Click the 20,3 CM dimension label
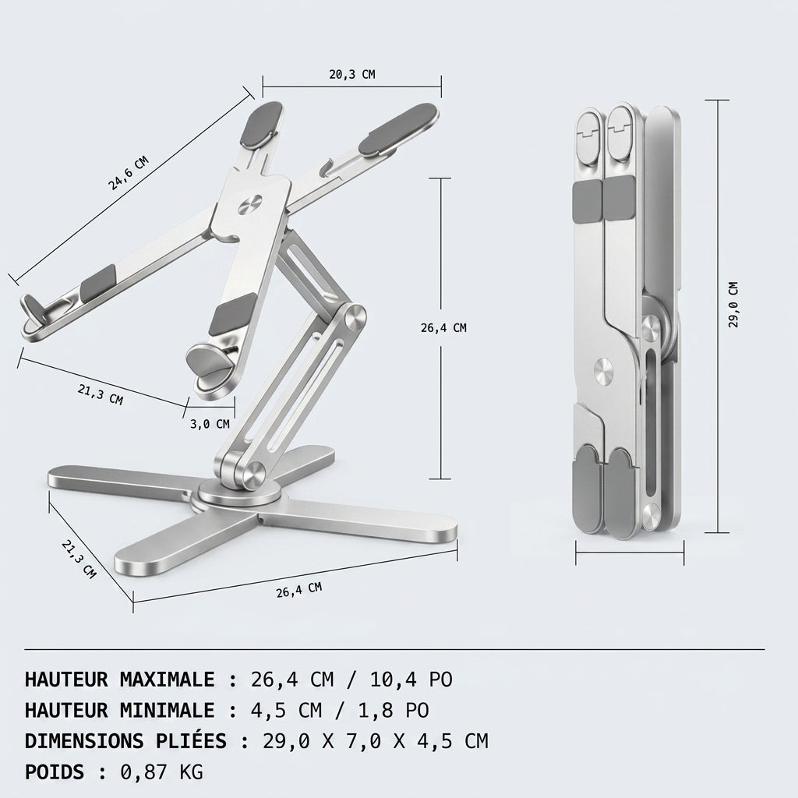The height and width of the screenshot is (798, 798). coord(351,74)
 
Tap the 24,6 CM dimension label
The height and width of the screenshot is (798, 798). coord(129,173)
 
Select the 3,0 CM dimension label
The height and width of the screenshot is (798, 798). coord(210,424)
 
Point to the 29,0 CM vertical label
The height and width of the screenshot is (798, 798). coord(733,305)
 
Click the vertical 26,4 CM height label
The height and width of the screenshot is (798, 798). coord(443,328)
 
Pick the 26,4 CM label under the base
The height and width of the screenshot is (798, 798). coord(299,590)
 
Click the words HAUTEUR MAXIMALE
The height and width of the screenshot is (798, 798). coord(119,680)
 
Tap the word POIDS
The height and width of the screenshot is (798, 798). coord(55,772)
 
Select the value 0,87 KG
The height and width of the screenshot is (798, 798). coord(162,772)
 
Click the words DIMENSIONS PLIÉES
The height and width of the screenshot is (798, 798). coord(125,741)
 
